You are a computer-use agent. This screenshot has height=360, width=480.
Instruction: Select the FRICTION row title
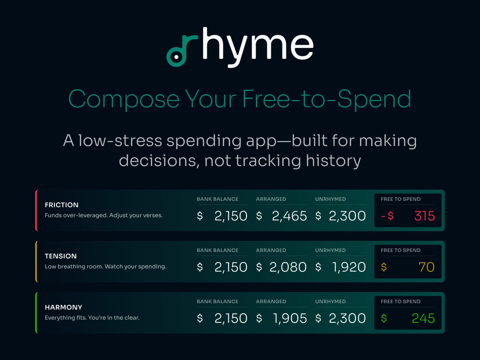(62, 205)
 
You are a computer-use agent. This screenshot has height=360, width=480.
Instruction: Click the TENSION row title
(61, 256)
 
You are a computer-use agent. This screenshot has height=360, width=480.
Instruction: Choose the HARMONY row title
(64, 307)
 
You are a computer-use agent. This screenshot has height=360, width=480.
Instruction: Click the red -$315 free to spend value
(408, 216)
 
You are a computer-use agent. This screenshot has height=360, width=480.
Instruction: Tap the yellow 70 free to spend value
(426, 267)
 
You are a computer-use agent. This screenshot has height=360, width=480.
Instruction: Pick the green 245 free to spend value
(423, 318)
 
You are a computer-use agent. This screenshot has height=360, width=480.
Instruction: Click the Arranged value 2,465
(289, 216)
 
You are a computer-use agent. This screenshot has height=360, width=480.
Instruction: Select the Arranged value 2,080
(288, 267)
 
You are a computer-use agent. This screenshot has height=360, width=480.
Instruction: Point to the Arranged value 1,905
(290, 318)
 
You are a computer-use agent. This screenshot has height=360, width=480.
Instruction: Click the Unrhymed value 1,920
(349, 267)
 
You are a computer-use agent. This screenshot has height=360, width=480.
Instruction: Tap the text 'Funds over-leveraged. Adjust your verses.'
(104, 215)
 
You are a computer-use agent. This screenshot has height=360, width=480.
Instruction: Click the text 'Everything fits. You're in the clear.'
(92, 318)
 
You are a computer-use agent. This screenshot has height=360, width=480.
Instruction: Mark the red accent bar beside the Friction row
(36, 210)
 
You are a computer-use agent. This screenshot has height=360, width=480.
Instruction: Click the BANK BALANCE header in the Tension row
(217, 250)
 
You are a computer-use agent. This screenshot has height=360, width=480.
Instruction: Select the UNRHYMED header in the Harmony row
(330, 302)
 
